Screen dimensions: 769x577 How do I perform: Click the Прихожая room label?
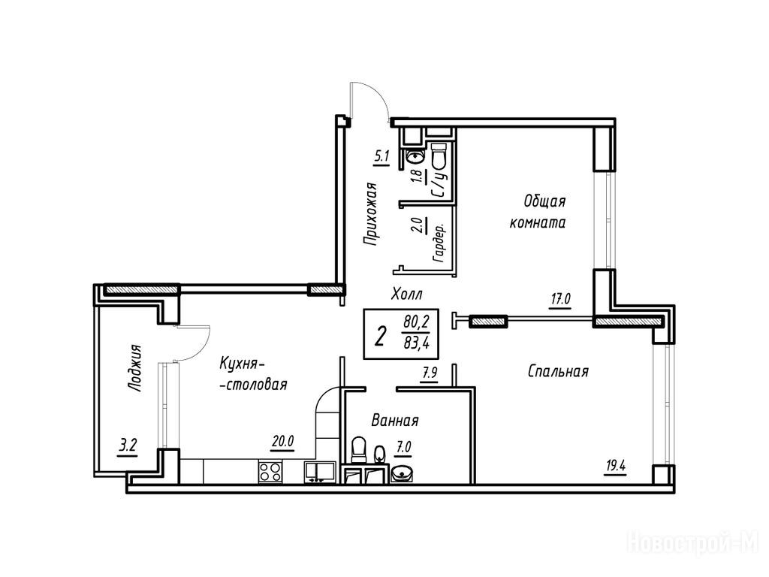[371, 213]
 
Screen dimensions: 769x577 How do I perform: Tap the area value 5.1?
[381, 157]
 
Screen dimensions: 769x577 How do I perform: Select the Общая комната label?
[538, 211]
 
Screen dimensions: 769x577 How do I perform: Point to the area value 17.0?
[560, 298]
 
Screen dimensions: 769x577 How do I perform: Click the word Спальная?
[558, 371]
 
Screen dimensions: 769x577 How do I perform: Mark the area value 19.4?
[616, 465]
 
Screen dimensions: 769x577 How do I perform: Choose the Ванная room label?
[395, 421]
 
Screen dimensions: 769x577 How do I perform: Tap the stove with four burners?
[270, 472]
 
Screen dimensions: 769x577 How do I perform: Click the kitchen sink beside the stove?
[319, 472]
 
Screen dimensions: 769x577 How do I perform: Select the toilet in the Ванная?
[360, 449]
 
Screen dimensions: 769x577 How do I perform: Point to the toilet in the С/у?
[438, 155]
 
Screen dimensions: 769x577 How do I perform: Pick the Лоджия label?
[134, 368]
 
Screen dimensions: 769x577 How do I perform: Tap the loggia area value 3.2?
[128, 446]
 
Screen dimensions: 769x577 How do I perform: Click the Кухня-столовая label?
[252, 374]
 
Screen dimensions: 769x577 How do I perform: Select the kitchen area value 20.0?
[282, 442]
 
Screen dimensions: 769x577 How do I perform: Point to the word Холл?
[406, 295]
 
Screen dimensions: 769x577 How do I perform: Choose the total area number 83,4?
[416, 343]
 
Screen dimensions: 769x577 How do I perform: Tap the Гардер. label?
[439, 243]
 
